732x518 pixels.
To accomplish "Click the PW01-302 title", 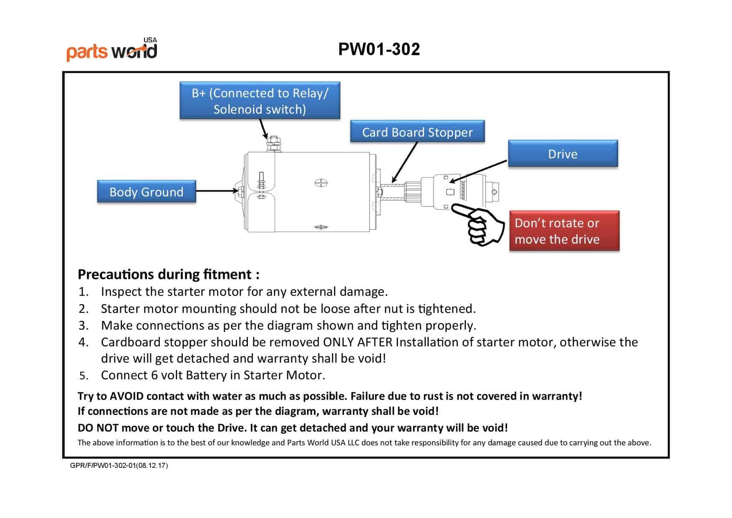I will (379, 49).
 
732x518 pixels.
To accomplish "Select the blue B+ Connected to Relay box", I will (260, 101).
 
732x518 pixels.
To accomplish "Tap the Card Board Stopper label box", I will (417, 132).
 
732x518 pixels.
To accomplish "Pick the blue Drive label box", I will (562, 154).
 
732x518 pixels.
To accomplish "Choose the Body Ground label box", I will (146, 192).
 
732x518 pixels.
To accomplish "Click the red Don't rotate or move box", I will (564, 231).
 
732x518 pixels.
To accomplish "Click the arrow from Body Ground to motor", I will (217, 191).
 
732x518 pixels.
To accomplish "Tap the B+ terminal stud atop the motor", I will (274, 144).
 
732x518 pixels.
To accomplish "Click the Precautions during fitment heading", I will (169, 274).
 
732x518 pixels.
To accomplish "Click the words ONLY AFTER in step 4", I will (358, 342).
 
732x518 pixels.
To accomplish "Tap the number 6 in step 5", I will (154, 375).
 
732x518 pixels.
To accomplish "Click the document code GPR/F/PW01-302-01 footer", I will (119, 465).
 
